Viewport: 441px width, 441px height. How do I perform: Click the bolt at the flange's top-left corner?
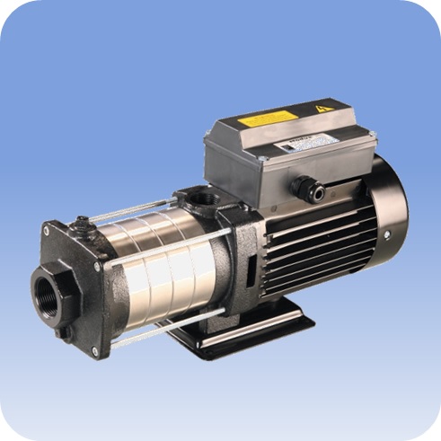46,231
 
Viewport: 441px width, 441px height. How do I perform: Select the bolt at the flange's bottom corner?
94,351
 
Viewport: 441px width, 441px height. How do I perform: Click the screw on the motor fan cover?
386,234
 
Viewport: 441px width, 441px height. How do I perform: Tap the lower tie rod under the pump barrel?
171,325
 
